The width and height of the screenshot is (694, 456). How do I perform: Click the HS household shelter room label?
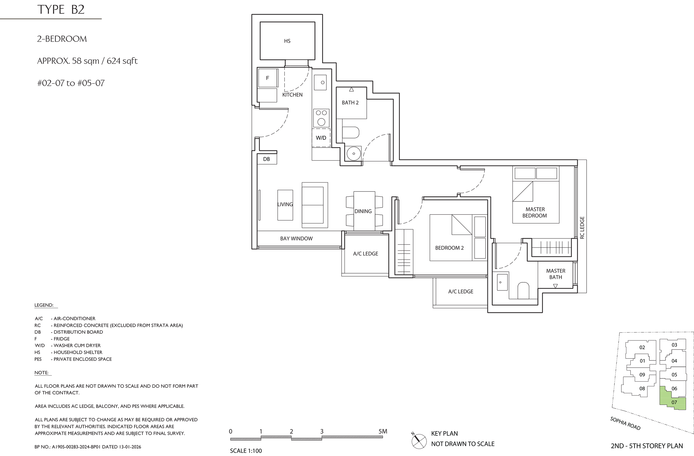coord(287,41)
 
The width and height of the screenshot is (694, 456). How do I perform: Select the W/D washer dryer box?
coord(321,138)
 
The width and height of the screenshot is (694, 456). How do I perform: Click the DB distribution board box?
coord(267,159)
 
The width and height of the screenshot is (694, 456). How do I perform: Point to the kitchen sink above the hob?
coord(320,82)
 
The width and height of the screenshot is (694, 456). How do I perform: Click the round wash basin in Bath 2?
coord(353,153)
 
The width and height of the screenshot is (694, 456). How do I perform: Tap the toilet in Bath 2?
coord(351,132)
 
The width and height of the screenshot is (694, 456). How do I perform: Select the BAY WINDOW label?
coord(296,238)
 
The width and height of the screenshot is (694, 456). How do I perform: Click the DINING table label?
coord(363,211)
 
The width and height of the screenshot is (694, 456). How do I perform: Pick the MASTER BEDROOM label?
coord(535,212)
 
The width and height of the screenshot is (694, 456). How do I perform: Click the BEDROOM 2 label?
coord(449,248)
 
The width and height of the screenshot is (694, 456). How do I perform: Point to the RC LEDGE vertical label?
coord(582,227)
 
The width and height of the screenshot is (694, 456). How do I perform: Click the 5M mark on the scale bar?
coord(383,431)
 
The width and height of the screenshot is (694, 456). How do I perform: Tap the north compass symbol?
coord(419,440)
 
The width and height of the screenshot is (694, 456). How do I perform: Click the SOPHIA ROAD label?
coord(625,423)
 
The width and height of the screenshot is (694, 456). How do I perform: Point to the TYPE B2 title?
coord(61,9)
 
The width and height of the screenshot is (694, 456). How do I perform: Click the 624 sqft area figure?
coord(122,61)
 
